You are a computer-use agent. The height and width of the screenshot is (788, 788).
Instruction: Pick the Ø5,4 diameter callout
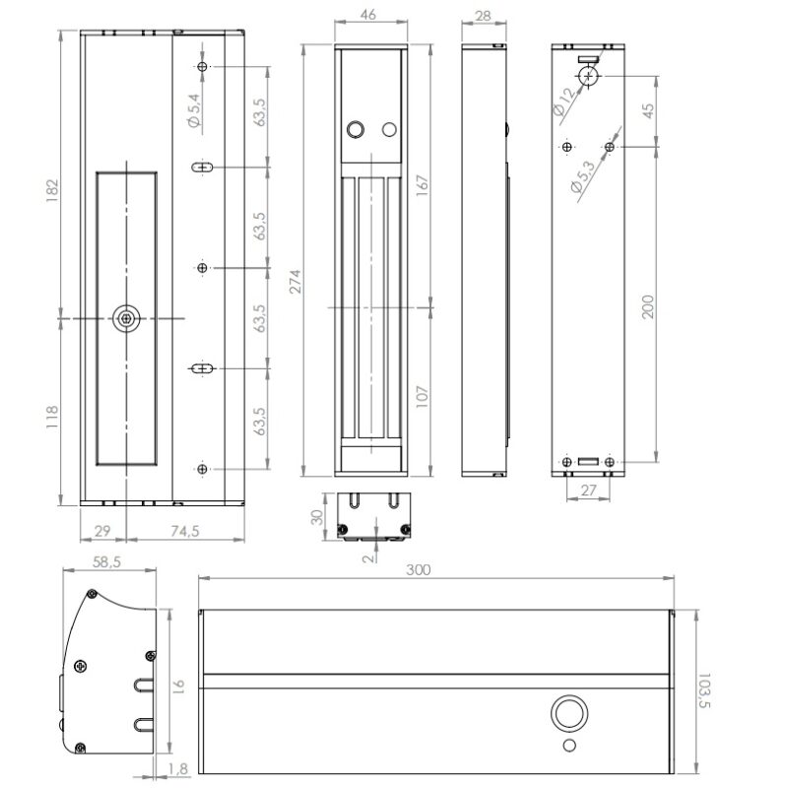[x=193, y=109]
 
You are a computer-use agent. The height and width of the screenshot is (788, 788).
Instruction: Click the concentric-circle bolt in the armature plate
[x=127, y=317]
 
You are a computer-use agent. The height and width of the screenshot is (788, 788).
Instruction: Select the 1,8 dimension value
[x=176, y=769]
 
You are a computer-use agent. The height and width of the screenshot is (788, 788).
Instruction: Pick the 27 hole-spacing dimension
[x=588, y=489]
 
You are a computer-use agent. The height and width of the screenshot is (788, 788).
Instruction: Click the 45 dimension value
[x=647, y=110]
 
